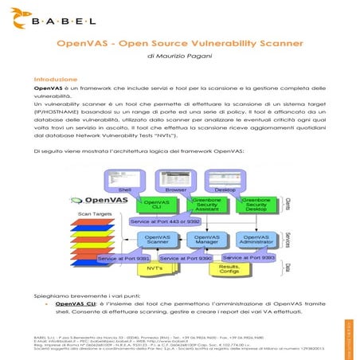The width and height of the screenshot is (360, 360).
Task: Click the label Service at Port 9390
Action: [x=186, y=258]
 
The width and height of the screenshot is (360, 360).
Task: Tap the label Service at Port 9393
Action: [x=248, y=258]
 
